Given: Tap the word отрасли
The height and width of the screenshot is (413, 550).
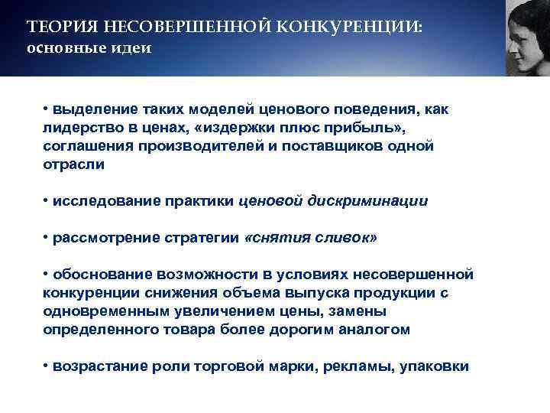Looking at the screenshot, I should click(73, 164).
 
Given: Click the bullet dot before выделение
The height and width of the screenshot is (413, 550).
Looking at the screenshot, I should click(46, 108).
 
